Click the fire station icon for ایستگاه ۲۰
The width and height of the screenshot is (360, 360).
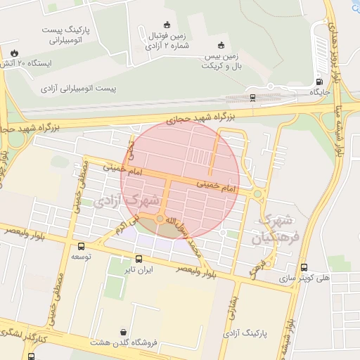tap(15, 53)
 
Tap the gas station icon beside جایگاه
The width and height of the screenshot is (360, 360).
tap(321, 81)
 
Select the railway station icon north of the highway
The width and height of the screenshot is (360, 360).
tap(252, 97)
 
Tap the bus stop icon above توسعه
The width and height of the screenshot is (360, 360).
tap(82, 246)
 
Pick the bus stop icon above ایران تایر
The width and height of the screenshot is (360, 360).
tap(139, 258)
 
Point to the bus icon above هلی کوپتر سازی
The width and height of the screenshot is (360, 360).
tap(304, 267)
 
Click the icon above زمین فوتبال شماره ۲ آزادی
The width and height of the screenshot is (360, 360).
tap(167, 25)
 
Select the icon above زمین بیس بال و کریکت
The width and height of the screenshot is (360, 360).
tap(221, 44)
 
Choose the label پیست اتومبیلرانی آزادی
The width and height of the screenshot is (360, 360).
tap(88, 89)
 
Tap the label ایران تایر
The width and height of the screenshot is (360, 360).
tap(139, 269)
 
